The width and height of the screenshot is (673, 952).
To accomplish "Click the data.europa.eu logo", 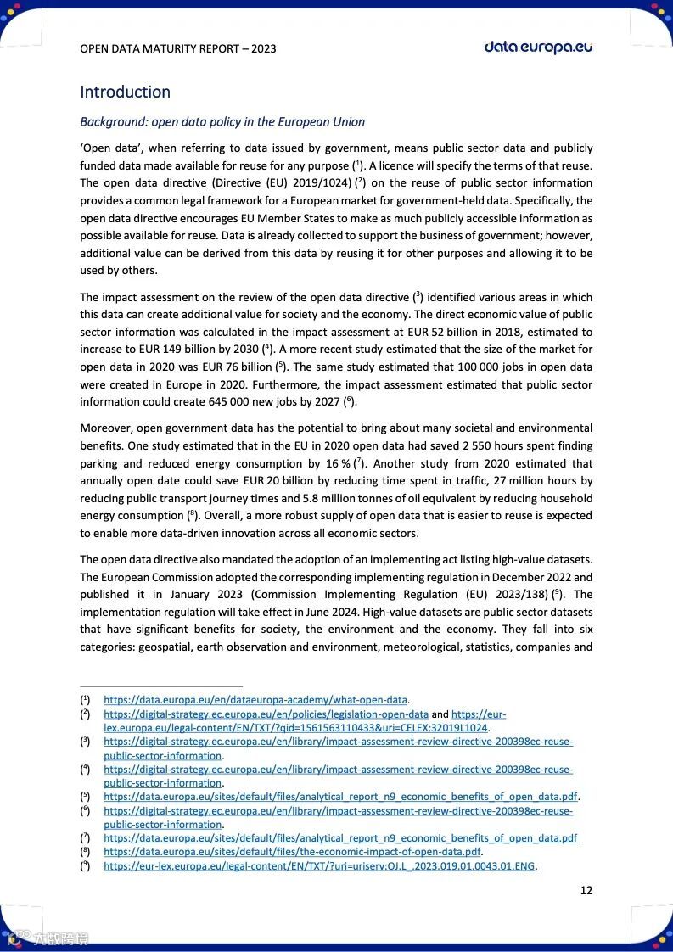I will (538, 48).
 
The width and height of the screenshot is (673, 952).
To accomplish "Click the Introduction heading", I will (125, 92).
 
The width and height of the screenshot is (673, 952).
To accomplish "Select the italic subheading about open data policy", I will (222, 121).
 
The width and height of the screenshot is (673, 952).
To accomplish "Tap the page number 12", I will (586, 890).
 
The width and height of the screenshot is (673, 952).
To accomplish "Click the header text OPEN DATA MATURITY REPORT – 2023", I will (177, 48).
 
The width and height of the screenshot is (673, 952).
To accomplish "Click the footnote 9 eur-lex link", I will (320, 866).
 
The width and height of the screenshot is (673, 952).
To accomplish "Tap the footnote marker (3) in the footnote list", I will (86, 742).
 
